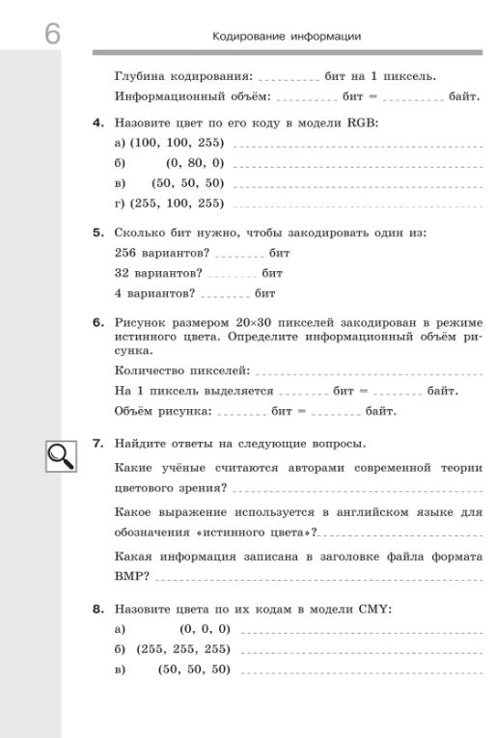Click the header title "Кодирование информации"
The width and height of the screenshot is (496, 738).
pyautogui.click(x=287, y=37)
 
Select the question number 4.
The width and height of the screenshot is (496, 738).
pyautogui.click(x=98, y=123)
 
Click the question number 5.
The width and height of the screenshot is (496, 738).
pyautogui.click(x=98, y=232)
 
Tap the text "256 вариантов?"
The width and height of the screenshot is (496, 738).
pyautogui.click(x=162, y=253)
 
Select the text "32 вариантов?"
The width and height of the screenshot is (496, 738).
pyautogui.click(x=158, y=273)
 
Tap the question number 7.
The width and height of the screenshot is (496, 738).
pyautogui.click(x=98, y=444)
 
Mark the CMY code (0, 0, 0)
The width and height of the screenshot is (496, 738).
pyautogui.click(x=205, y=629)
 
